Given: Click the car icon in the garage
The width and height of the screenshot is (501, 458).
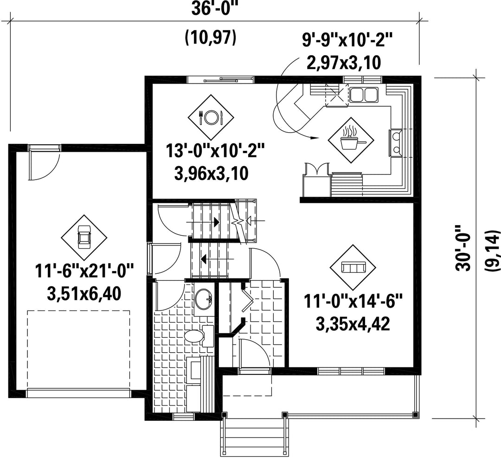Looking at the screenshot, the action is click(x=84, y=238).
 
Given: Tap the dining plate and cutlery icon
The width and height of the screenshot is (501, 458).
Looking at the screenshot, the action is click(x=210, y=117).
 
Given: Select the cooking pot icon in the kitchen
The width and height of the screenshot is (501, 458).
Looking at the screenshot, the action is click(x=351, y=139).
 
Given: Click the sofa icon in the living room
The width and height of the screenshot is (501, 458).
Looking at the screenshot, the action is click(x=353, y=267).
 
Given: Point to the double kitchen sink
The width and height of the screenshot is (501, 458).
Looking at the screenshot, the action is click(x=364, y=95).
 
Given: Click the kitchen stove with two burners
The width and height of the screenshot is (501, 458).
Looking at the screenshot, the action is click(x=396, y=143).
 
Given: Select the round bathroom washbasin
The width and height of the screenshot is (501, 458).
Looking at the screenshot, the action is click(x=204, y=299).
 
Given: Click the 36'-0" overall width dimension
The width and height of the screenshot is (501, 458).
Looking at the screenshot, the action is click(x=215, y=9).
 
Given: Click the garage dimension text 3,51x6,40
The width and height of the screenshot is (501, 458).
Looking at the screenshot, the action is click(x=83, y=294).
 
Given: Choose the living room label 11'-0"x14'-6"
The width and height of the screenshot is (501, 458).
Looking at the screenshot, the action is click(x=353, y=302).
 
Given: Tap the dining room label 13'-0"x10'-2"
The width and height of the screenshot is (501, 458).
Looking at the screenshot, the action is click(x=215, y=150).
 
